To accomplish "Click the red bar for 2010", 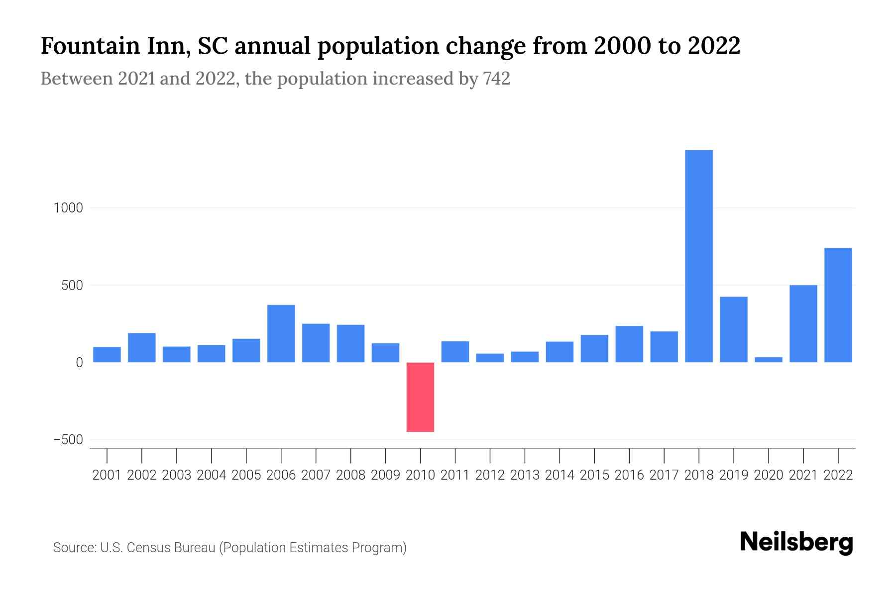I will [x=420, y=397].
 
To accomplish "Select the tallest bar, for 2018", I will [x=699, y=256].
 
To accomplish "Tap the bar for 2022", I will [x=838, y=305].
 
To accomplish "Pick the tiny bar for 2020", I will [x=769, y=360].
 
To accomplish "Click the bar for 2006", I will [x=281, y=333].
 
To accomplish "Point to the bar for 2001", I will [x=107, y=355].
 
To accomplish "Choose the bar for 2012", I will [x=490, y=358].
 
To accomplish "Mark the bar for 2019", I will [x=734, y=329].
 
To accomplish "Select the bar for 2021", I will [x=803, y=323].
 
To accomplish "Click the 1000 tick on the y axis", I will [x=68, y=208].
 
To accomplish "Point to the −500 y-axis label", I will [x=68, y=440].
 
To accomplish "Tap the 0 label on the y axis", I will [x=79, y=363].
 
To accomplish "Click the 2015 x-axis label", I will [x=594, y=475].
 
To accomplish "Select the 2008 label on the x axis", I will [x=350, y=475].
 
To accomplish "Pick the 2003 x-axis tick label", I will [x=177, y=475].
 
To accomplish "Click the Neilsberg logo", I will [x=796, y=543].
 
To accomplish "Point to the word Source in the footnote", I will [x=74, y=548].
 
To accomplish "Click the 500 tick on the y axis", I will [x=72, y=286].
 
